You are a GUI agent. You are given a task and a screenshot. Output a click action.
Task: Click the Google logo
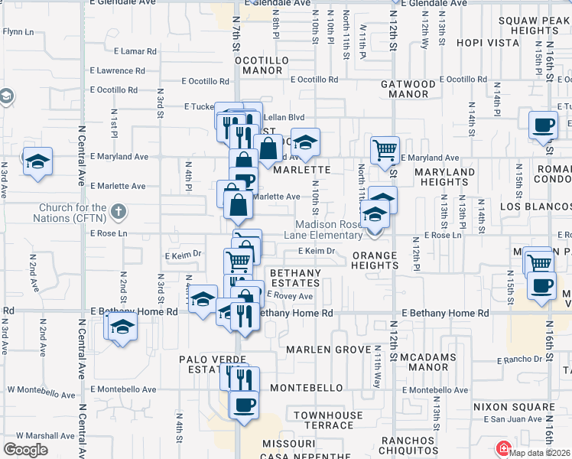click(25, 450)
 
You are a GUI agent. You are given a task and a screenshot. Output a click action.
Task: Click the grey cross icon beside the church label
click(118, 211)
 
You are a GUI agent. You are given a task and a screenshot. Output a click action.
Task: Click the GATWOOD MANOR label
click(408, 89)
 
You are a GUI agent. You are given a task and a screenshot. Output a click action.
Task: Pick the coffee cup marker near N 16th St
click(543, 124)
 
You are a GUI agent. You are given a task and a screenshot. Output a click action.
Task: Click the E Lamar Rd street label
click(135, 52)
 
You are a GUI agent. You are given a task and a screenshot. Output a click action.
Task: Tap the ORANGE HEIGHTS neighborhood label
click(375, 260)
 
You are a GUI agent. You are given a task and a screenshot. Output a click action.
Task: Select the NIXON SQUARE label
click(513, 407)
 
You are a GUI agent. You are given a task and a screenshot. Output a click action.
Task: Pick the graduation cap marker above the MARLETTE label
click(304, 142)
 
